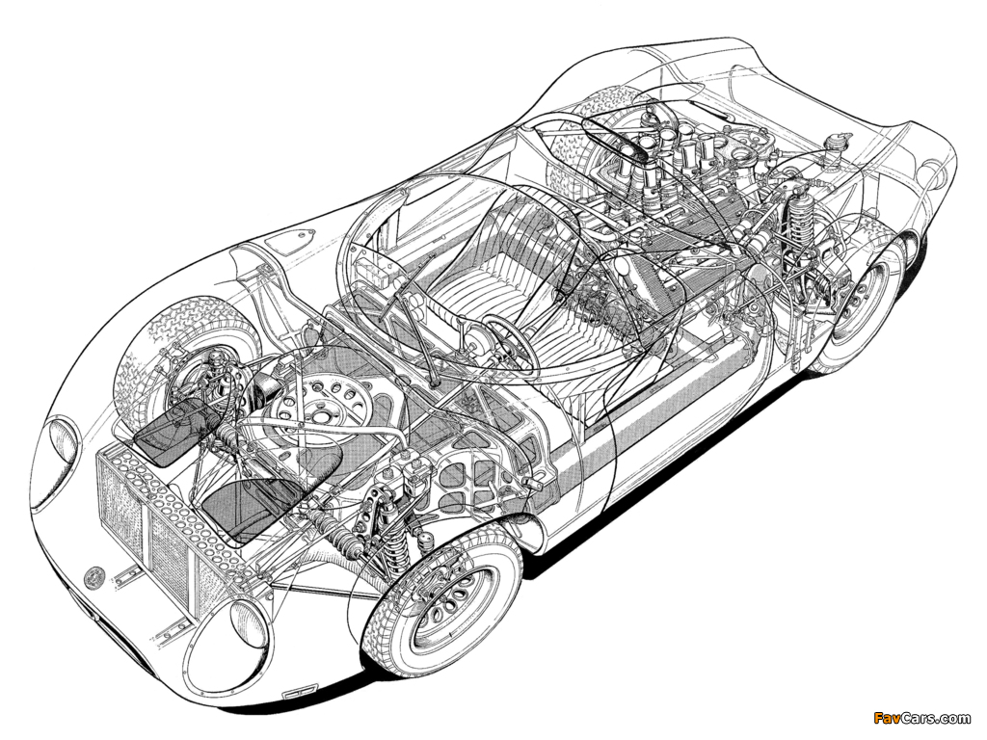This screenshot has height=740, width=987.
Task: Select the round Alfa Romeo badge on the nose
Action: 95,575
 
